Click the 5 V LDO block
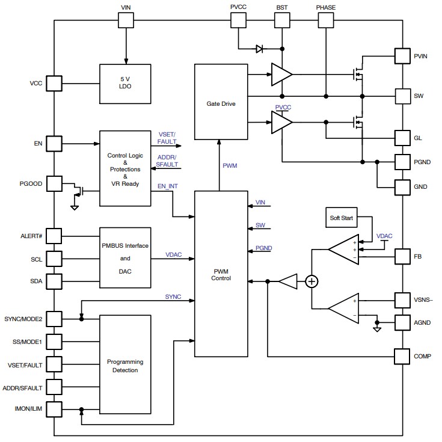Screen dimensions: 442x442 click(126, 82)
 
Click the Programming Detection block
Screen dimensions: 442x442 click(125, 366)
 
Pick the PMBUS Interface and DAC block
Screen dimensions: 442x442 click(125, 259)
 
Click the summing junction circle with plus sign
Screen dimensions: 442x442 click(312, 281)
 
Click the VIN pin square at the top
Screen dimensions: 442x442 click(126, 20)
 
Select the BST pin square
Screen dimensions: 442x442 click(282, 20)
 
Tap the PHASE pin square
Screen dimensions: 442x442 click(325, 20)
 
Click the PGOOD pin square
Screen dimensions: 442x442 click(54, 183)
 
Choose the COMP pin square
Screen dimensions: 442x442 click(402, 356)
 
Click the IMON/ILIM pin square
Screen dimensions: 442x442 click(54, 410)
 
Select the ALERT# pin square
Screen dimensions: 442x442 click(54, 236)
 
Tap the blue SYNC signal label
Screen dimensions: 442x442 click(174, 297)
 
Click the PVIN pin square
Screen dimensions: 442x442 click(402, 56)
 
